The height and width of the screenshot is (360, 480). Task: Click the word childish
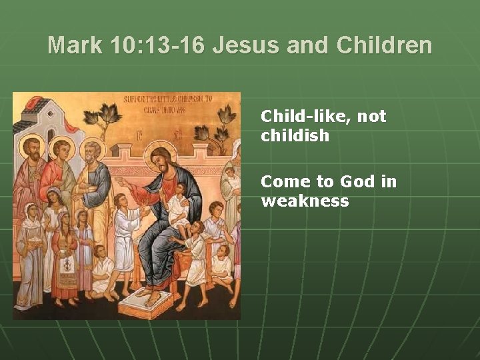coord(295,135)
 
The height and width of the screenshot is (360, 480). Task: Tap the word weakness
coord(305,201)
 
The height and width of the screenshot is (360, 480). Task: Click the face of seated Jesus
coord(162,159)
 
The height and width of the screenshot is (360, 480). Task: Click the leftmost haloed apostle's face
coord(31,148)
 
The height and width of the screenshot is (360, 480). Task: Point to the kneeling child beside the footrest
coord(104,273)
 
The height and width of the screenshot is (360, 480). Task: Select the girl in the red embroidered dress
coord(66,260)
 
